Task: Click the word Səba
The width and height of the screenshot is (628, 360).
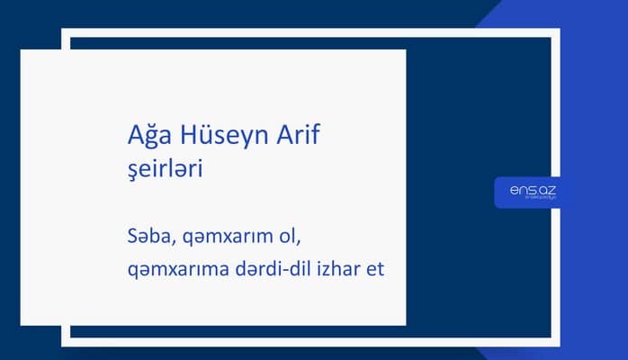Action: click(150, 237)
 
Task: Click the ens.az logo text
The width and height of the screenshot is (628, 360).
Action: click(526, 190)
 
